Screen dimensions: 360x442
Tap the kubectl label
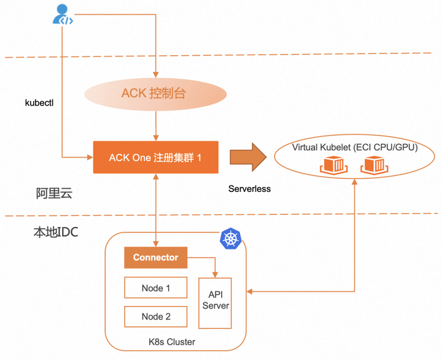pyautogui.click(x=39, y=102)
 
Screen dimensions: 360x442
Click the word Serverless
pyautogui.click(x=249, y=189)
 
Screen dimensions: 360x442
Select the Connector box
pyautogui.click(x=155, y=258)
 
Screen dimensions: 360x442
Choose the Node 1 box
pyautogui.click(x=156, y=288)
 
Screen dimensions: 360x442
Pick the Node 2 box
pyautogui.click(x=156, y=316)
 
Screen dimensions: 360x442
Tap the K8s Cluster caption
pyautogui.click(x=176, y=341)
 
